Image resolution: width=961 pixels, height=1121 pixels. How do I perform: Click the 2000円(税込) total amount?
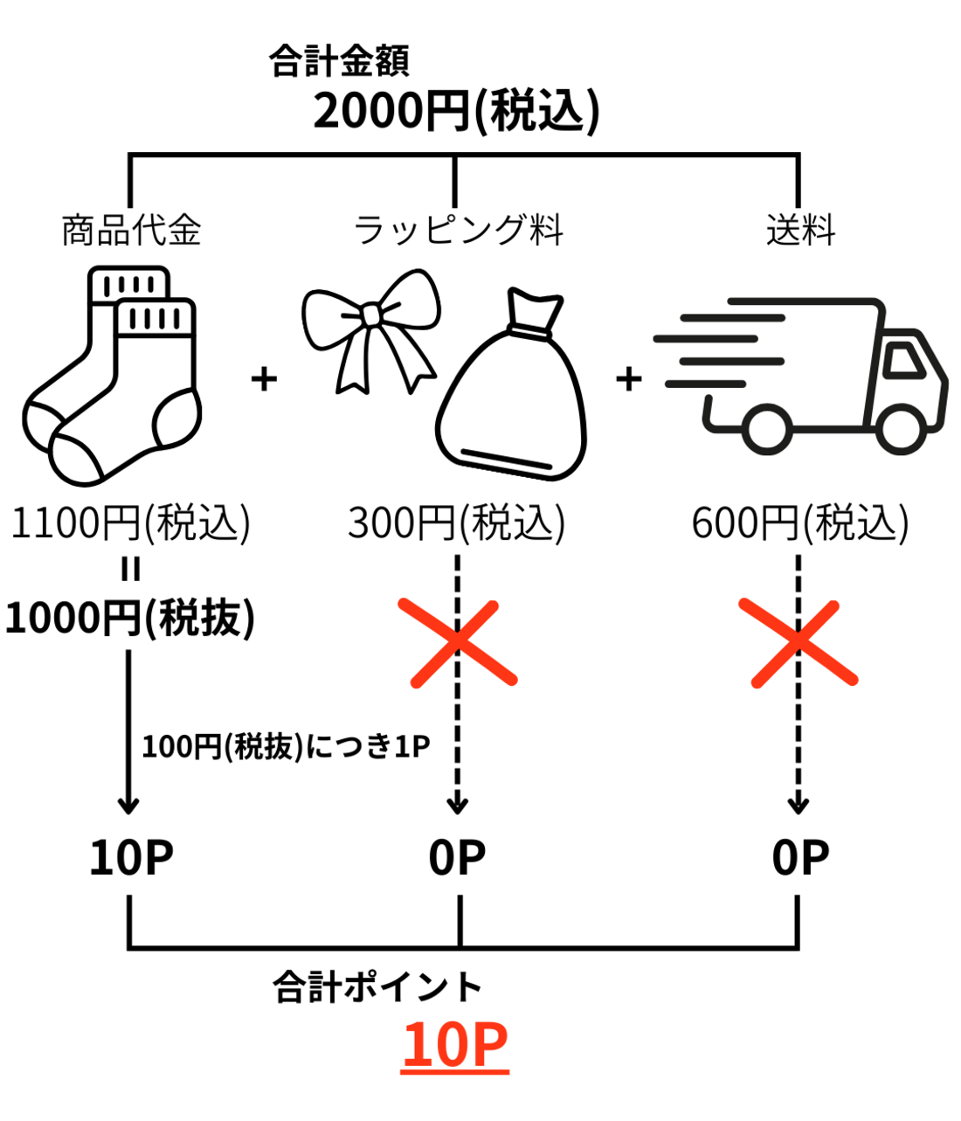coord(456,112)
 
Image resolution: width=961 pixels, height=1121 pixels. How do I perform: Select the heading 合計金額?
coord(339,61)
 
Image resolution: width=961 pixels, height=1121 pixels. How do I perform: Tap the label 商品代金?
coord(131,230)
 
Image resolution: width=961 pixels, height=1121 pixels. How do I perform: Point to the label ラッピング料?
coord(458,230)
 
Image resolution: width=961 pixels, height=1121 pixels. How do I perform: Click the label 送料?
coord(800,230)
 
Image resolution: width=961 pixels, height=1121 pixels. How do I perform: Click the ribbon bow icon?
coord(370,328)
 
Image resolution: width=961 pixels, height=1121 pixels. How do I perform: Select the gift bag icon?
coord(512,384)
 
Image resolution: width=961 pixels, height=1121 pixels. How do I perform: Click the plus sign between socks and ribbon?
coord(264,379)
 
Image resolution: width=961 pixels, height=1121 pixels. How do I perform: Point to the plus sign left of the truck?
coord(628,379)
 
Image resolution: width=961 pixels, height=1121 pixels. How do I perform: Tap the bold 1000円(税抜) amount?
coord(130,618)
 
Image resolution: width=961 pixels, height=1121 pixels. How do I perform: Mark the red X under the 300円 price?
coord(457,642)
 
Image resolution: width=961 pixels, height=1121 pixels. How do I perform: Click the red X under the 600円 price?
coord(798,642)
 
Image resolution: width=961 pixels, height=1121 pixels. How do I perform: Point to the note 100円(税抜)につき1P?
coord(286,747)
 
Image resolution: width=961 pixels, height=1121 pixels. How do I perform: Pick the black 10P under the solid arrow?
coord(131,858)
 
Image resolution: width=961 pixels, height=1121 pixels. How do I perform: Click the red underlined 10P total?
coord(455,1045)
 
